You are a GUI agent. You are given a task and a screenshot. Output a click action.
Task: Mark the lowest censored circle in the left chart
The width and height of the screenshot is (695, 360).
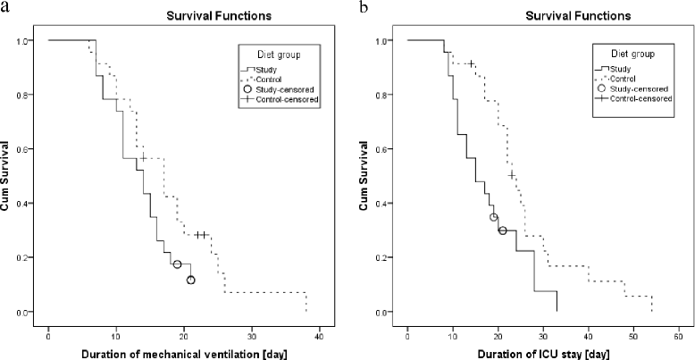point(190,280)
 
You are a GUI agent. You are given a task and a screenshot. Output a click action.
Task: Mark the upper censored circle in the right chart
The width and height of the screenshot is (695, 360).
point(494,217)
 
